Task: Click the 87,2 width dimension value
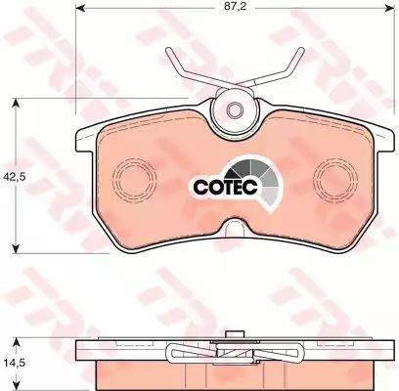click(235, 7)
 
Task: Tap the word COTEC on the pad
click(226, 187)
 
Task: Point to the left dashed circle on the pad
click(134, 178)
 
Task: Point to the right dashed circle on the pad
click(335, 178)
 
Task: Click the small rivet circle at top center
click(235, 109)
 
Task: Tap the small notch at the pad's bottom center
click(235, 226)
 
